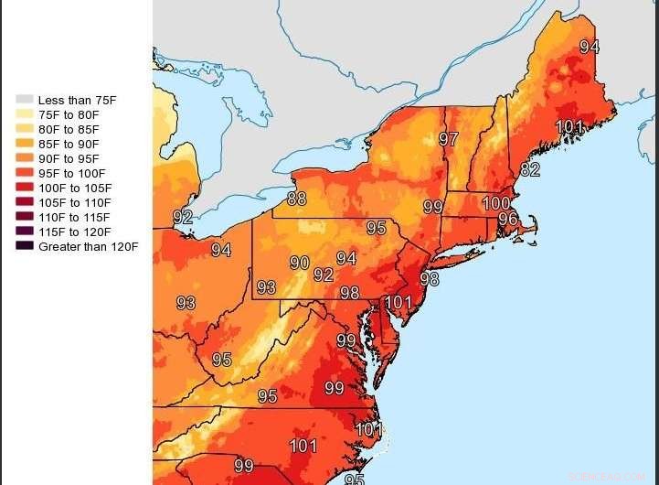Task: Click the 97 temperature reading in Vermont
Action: click(448, 139)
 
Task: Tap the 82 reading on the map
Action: click(530, 169)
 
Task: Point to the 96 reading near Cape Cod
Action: click(507, 220)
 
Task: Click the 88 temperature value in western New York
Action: click(297, 199)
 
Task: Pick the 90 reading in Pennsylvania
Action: click(300, 263)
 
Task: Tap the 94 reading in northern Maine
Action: click(590, 47)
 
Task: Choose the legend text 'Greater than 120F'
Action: click(88, 246)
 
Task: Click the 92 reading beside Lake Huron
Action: click(183, 217)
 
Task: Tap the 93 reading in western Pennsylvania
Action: click(266, 287)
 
